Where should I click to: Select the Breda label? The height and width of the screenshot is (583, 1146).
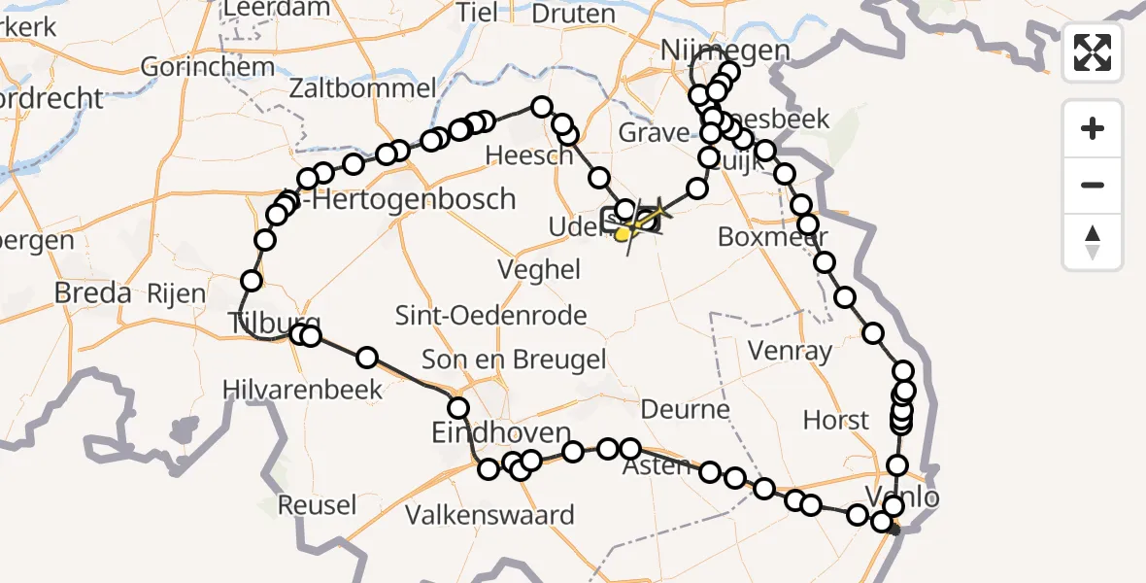click(x=92, y=291)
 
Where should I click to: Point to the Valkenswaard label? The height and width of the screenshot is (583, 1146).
click(x=489, y=514)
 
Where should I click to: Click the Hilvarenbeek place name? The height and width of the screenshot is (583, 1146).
click(x=302, y=390)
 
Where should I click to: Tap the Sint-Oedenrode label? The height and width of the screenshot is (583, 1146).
click(x=491, y=315)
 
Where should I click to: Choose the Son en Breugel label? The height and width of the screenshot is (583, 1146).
click(x=513, y=359)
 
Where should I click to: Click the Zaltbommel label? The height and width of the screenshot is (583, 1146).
click(x=362, y=88)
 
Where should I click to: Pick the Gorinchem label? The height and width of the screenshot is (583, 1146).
click(x=208, y=67)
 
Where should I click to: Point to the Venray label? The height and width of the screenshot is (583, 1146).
click(x=792, y=350)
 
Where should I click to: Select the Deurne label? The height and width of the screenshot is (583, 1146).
click(x=686, y=409)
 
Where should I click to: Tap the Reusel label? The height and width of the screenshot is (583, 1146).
click(x=318, y=505)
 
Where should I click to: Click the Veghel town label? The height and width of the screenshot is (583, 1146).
click(x=539, y=269)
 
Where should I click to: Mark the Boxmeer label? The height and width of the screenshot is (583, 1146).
click(x=773, y=237)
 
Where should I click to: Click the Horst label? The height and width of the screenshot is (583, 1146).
click(x=836, y=421)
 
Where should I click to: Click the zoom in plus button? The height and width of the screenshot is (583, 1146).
click(x=1093, y=128)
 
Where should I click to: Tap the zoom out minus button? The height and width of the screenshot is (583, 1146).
click(x=1093, y=185)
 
